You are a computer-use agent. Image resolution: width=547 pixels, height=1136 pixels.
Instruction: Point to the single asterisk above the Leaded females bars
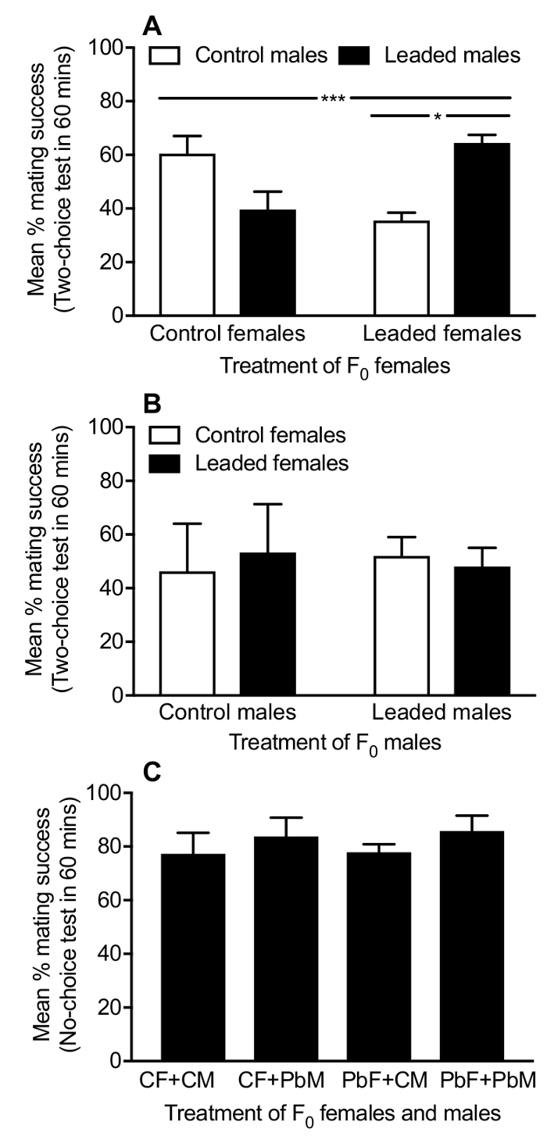point(438,116)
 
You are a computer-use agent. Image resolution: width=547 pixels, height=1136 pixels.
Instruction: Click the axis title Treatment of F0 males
point(334,742)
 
